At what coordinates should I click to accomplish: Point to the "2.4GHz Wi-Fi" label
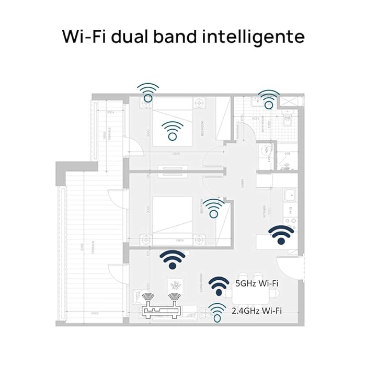tap(257, 311)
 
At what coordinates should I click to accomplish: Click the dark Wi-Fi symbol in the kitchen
tap(281, 235)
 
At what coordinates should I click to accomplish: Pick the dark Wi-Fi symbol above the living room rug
tap(173, 259)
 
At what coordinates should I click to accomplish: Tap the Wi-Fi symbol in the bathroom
tap(269, 99)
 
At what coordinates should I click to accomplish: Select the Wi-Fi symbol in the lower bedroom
tap(213, 208)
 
